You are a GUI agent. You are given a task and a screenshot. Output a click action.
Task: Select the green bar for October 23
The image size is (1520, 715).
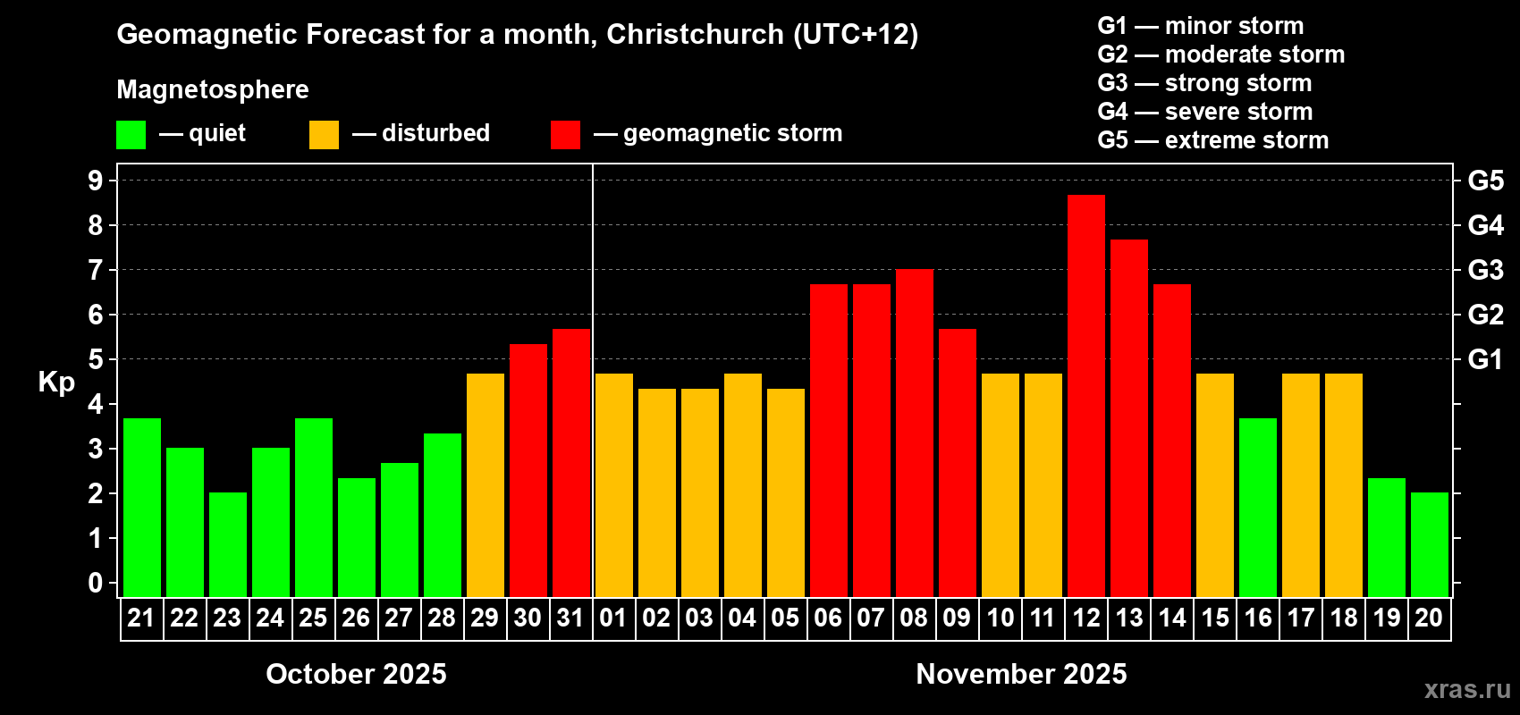[x=228, y=544]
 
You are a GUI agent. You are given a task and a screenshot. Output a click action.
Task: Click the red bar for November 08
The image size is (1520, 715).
[x=915, y=433]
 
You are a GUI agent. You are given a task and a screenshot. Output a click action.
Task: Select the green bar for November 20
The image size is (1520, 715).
[x=1430, y=544]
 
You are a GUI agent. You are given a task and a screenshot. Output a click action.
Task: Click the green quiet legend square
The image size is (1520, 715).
[x=131, y=135]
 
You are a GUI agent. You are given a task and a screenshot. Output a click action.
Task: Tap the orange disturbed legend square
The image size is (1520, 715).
[x=325, y=135]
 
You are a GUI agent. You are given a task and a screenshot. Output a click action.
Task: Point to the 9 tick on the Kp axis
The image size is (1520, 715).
[x=96, y=181]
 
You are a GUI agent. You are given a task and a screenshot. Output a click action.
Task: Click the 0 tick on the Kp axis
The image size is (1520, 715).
[x=96, y=583]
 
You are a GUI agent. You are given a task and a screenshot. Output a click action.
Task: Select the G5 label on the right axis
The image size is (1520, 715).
[x=1485, y=181]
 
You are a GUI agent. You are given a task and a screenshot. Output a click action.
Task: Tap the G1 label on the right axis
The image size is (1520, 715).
[x=1485, y=359]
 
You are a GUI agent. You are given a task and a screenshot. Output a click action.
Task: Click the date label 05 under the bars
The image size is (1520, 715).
[x=785, y=618]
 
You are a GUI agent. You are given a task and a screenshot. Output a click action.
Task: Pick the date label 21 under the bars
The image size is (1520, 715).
[x=141, y=618]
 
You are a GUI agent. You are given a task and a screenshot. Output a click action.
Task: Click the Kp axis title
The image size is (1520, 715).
[x=56, y=382]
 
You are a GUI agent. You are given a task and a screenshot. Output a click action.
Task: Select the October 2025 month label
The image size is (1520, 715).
[x=356, y=674]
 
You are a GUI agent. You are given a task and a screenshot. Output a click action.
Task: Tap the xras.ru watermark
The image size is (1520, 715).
[x=1467, y=689]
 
